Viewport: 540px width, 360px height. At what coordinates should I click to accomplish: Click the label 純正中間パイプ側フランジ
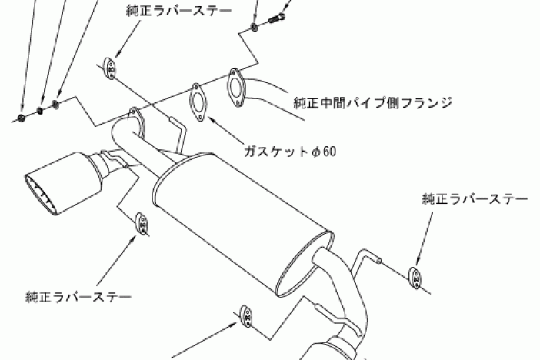pyautogui.click(x=372, y=102)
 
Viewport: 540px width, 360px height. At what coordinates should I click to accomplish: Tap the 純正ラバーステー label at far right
pyautogui.click(x=475, y=199)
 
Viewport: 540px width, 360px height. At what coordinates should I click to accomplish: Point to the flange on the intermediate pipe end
pyautogui.click(x=235, y=84)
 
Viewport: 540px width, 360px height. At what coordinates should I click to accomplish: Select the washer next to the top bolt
pyautogui.click(x=254, y=28)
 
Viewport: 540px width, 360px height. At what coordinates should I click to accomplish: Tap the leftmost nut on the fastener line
pyautogui.click(x=21, y=117)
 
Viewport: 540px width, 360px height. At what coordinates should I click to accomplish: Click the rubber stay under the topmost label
pyautogui.click(x=110, y=68)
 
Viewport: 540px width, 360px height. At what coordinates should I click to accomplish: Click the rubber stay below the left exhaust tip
pyautogui.click(x=143, y=223)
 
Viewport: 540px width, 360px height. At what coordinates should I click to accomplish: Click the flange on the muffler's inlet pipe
pyautogui.click(x=135, y=121)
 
